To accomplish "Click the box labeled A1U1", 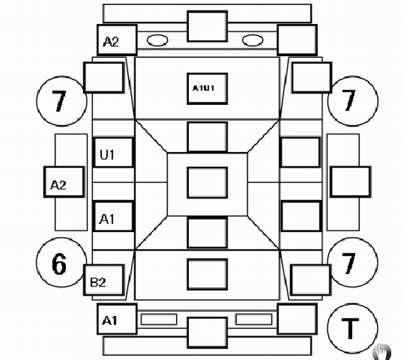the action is pyautogui.click(x=207, y=89).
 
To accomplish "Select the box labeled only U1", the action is pyautogui.click(x=113, y=153).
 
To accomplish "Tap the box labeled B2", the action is pyautogui.click(x=104, y=280).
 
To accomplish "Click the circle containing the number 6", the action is pyautogui.click(x=62, y=262).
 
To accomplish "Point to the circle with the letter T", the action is pyautogui.click(x=353, y=328).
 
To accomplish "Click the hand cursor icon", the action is pyautogui.click(x=382, y=352).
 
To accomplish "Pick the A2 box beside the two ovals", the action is pyautogui.click(x=117, y=40).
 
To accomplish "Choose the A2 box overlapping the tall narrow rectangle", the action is pyautogui.click(x=64, y=182).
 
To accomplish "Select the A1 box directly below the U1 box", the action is pyautogui.click(x=113, y=216).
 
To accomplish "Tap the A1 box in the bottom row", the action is pyautogui.click(x=117, y=319).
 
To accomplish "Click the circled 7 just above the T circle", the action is pyautogui.click(x=353, y=262).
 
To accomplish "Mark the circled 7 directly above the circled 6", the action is pyautogui.click(x=62, y=101).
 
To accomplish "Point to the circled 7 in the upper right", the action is pyautogui.click(x=353, y=101).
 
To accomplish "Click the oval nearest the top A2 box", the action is pyautogui.click(x=157, y=40).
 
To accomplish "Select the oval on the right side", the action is pyautogui.click(x=253, y=40).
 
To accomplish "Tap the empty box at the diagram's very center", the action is pyautogui.click(x=207, y=183).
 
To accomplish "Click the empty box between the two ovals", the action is pyautogui.click(x=207, y=26).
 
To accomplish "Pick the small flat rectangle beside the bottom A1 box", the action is pyautogui.click(x=159, y=319).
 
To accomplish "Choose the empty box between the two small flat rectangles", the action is pyautogui.click(x=207, y=332).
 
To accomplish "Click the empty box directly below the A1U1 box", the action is pyautogui.click(x=207, y=137).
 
